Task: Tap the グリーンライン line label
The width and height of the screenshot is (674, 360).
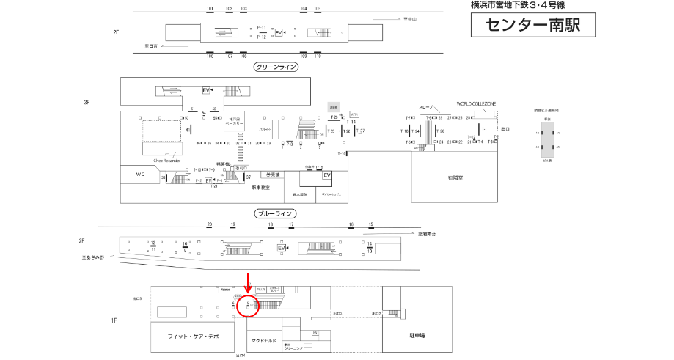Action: click(x=275, y=67)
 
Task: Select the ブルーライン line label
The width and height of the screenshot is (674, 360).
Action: click(x=276, y=213)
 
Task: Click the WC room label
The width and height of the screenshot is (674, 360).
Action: click(x=142, y=175)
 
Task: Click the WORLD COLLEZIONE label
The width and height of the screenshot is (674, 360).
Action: click(x=476, y=104)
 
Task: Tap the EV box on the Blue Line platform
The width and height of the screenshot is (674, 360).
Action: click(x=281, y=249)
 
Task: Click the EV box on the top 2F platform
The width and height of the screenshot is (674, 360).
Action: click(x=278, y=33)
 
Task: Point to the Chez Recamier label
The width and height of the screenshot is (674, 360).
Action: click(x=166, y=159)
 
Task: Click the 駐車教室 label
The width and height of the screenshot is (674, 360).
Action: click(x=261, y=188)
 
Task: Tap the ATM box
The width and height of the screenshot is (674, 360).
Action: click(x=354, y=114)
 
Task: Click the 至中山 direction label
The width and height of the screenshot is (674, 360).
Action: click(x=409, y=19)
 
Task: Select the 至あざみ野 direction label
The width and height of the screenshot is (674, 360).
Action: click(x=93, y=257)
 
